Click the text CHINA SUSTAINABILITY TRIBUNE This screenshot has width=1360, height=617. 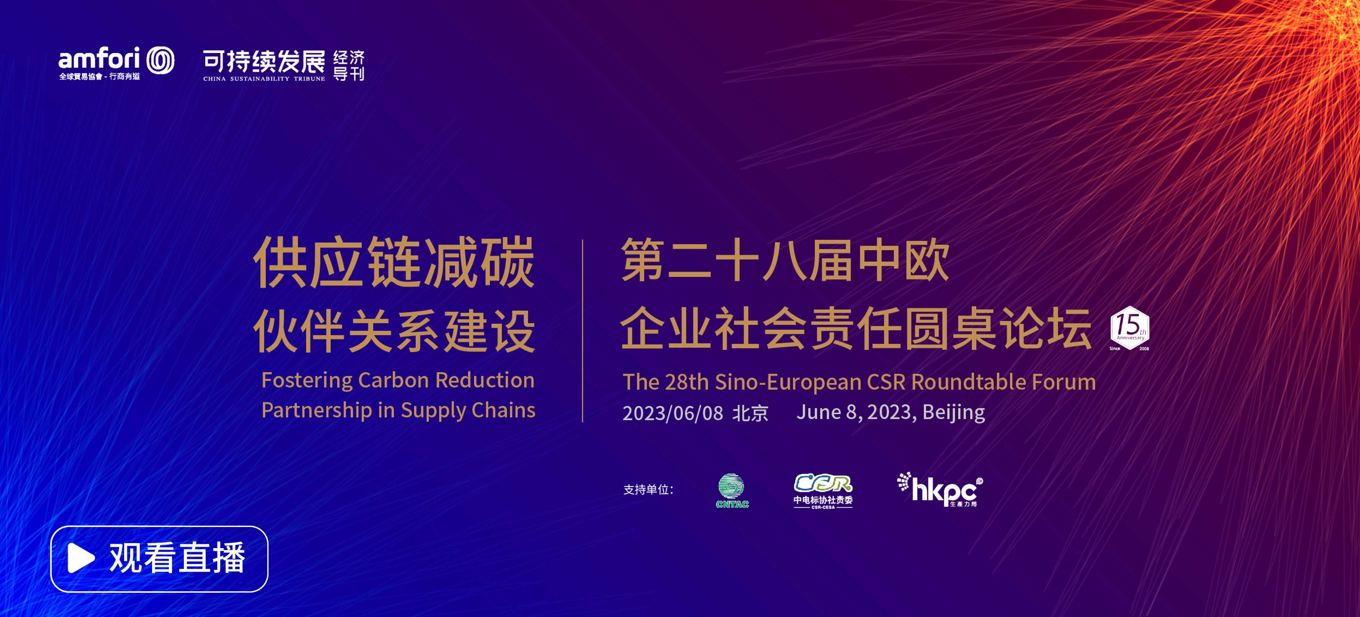click(x=264, y=79)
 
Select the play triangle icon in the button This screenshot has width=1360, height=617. click(x=81, y=558)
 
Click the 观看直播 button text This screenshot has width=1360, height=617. click(x=178, y=558)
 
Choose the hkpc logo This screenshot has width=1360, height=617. click(x=940, y=489)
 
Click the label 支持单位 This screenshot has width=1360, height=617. click(x=648, y=490)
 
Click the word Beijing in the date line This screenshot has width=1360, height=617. click(x=954, y=413)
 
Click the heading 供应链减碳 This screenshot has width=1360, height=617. click(x=394, y=262)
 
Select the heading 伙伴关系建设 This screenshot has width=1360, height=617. click(x=394, y=331)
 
